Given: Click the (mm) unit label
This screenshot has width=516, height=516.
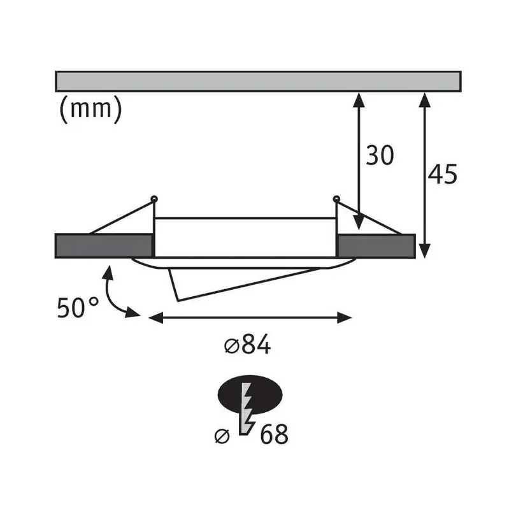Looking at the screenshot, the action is pos(90,110).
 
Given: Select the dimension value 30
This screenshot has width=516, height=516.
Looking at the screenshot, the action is pos(380,155).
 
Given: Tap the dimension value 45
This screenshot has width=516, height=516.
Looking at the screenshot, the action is pos(443,174).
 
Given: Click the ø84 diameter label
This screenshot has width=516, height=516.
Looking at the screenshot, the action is pos(247,345).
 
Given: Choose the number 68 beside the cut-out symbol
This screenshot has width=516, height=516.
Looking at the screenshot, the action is pos(274,434).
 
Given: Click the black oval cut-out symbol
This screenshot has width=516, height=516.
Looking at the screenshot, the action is pos(250,394).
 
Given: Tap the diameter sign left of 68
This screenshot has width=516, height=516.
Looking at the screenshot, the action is pos(222,436).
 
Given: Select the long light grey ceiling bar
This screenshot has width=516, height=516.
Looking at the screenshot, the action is pos(258,81).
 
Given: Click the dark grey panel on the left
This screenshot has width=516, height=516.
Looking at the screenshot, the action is pos(104,246).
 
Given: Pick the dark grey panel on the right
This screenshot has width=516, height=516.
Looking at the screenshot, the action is pos(376,246).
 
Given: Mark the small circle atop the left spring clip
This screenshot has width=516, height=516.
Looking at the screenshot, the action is pos(154,199).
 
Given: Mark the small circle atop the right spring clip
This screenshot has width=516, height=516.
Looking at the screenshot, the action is pos(336,199).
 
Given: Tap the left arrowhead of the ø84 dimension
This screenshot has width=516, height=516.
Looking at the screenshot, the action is pos(155,319).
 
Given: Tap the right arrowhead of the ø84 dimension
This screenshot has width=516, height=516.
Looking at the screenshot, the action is pos(345,319).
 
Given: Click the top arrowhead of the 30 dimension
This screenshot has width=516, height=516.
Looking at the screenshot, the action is pos(359,100).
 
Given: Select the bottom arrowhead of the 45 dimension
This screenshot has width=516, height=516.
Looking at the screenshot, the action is pos(425,251).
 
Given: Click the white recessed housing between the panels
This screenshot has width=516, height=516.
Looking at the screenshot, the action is pos(245,237).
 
